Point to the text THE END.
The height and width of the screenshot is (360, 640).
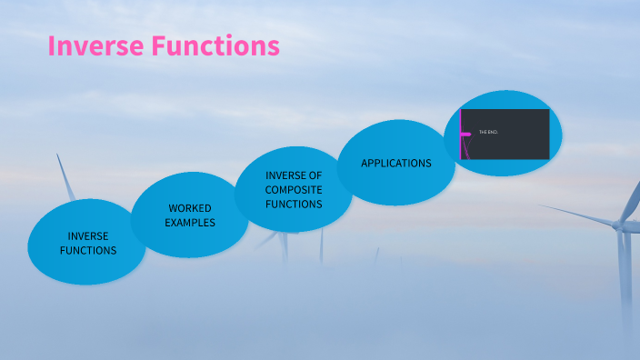pos(488,133)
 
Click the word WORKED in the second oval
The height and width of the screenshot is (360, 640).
pos(189,209)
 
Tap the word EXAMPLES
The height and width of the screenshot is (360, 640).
pos(190,223)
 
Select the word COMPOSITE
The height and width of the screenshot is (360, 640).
pos(294,190)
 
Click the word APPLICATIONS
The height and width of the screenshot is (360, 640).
pos(395,164)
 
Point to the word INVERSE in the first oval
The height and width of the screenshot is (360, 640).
pos(88,236)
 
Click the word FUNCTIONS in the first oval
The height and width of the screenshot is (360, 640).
pos(88,250)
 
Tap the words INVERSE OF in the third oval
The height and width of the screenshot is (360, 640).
pos(294,175)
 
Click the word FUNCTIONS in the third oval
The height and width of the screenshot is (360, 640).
pos(294,205)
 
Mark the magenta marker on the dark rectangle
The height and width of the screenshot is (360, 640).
pos(465,134)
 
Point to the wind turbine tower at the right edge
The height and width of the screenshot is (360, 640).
pos(625,282)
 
